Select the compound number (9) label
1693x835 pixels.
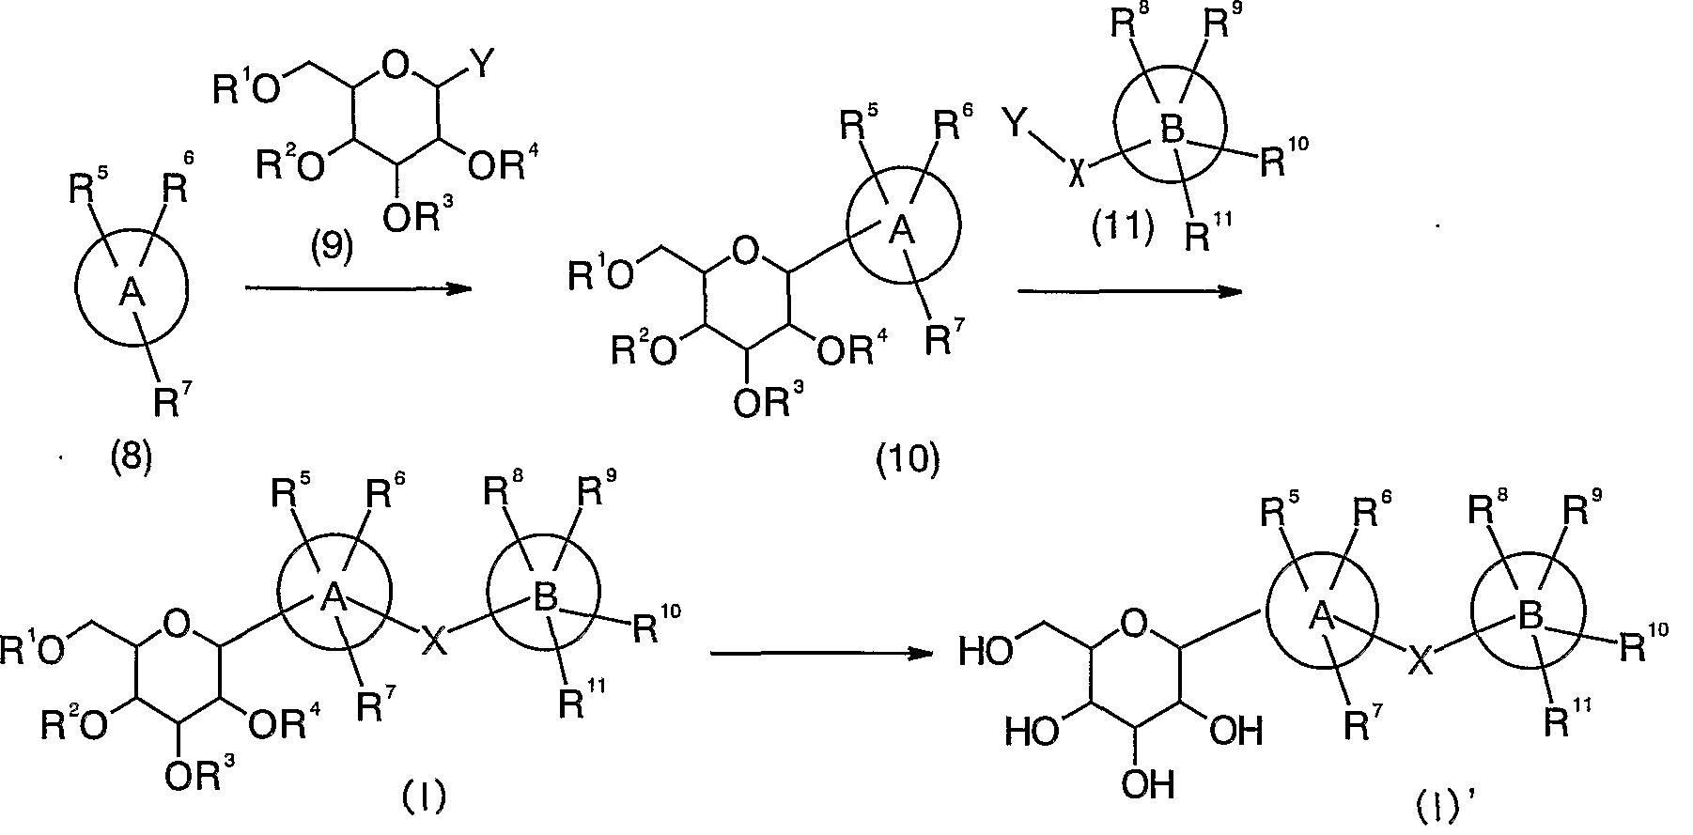coord(332,248)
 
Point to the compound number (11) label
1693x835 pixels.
coord(1123,228)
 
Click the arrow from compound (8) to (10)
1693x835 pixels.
coord(357,289)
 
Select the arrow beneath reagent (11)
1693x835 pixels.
coord(1130,292)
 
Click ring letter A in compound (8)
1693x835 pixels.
coord(130,295)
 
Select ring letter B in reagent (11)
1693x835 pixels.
coord(1171,131)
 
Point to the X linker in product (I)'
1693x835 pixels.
coord(1420,665)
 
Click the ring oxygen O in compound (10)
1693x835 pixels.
coord(744,250)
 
